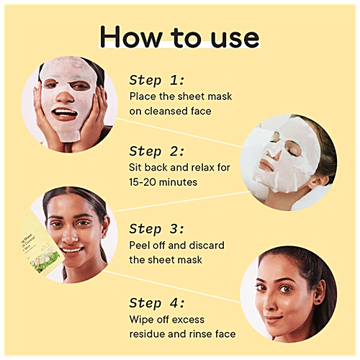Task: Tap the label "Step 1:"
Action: tap(157, 79)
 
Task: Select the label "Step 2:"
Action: tap(157, 151)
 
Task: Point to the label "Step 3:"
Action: tap(157, 229)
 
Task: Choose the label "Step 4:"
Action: tap(157, 303)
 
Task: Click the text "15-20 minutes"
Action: tap(163, 183)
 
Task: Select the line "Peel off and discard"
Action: tap(177, 246)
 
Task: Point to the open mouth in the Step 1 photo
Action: tap(66, 114)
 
